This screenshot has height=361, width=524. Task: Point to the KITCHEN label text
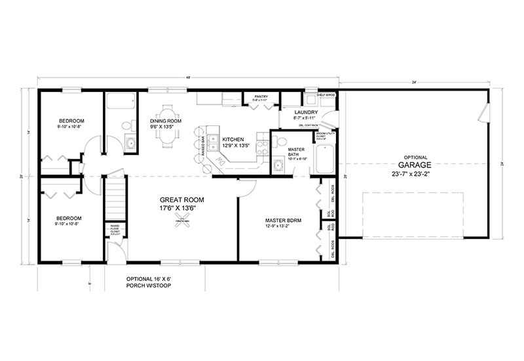pos(233,140)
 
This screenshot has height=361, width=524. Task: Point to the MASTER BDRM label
pos(283,221)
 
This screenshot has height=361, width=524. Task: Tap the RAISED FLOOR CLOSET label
pos(114,229)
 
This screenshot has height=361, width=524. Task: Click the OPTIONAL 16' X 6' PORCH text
pos(151,282)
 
